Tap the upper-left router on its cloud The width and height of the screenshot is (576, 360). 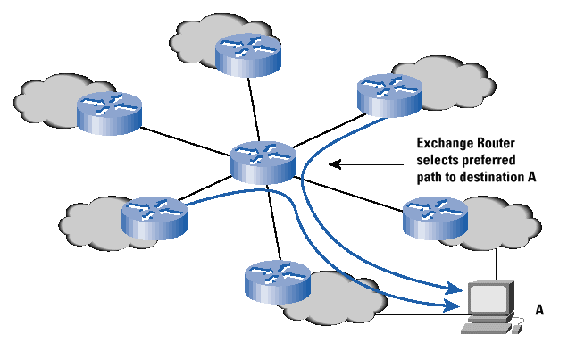point(108,110)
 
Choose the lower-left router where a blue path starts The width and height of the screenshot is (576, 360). point(154,215)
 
